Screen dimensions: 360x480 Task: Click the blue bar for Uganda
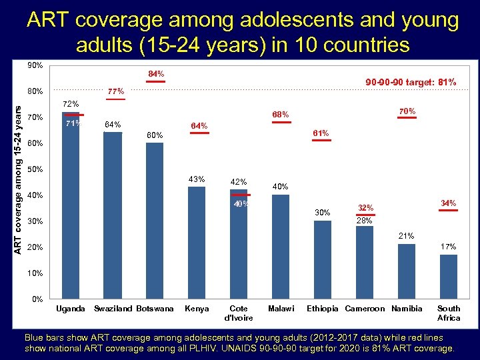tap(71, 207)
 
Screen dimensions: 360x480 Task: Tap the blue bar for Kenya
tap(197, 243)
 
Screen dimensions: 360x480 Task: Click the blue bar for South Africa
tap(449, 277)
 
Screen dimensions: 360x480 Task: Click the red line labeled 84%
tap(155, 81)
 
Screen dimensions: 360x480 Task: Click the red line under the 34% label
tap(449, 210)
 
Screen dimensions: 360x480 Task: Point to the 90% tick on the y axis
tap(35, 65)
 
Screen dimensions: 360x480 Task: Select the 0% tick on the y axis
tap(38, 299)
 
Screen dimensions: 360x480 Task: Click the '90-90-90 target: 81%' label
tap(411, 82)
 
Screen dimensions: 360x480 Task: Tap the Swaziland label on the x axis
tap(114, 309)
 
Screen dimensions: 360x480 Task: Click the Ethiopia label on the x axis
tap(323, 309)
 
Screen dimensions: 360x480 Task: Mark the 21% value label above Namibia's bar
tap(407, 236)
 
